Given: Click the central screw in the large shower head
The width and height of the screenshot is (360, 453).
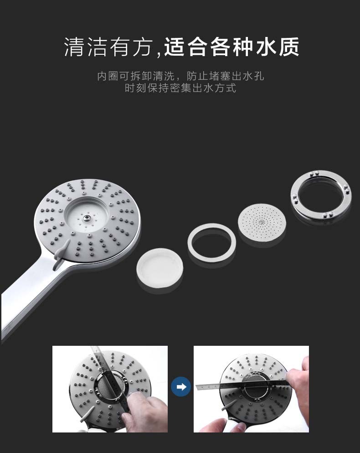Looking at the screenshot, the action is [86, 218].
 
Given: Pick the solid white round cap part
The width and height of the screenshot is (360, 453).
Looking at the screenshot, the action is [159, 267].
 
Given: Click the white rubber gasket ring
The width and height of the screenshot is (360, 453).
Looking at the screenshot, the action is [211, 242].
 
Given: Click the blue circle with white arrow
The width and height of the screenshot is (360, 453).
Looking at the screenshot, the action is [181, 386].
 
